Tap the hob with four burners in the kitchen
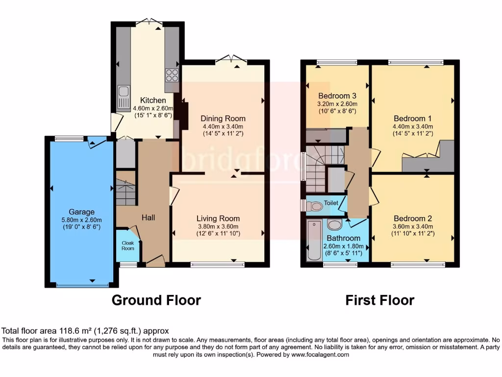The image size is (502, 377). pos(172,75)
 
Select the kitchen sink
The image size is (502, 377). pos(124,92)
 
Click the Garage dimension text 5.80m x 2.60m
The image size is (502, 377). pos(81,219)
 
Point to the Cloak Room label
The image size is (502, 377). pos(127,245)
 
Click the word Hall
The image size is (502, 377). pos(149,217)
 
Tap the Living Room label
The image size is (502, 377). pos(218,218)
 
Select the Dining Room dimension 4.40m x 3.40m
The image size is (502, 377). pos(223,126)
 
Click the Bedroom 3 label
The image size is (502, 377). pos(337,96)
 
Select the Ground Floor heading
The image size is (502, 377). pos(156,300)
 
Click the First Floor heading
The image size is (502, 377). pos(380,300)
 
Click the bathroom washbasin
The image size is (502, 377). pos(335,224)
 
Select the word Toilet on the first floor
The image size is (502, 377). pos(331,202)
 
